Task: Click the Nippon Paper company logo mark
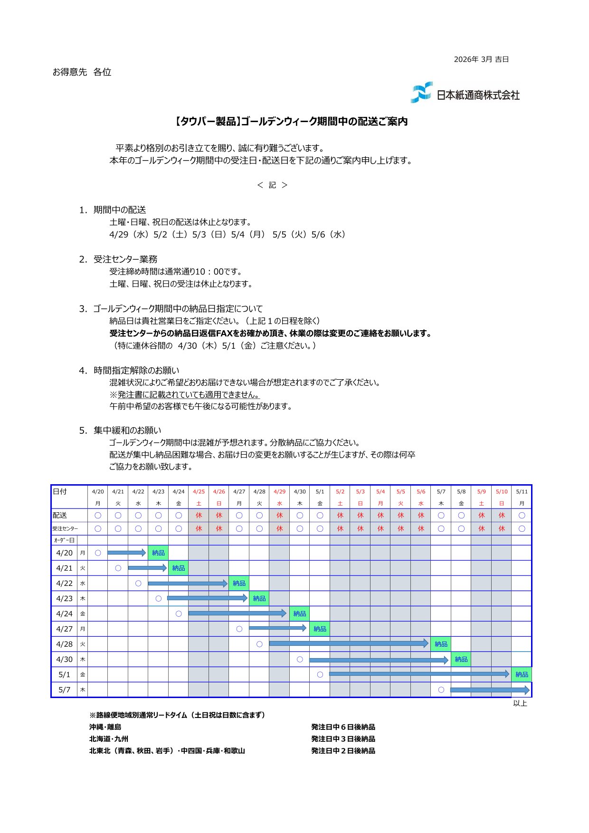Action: click(421, 92)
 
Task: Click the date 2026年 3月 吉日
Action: click(481, 59)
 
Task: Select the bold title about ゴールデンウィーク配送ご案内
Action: click(291, 122)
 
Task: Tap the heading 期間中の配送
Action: click(119, 210)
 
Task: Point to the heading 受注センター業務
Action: click(125, 259)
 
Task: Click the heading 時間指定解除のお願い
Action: click(136, 371)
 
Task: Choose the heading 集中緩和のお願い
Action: click(127, 431)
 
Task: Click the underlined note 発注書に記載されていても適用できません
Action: click(188, 395)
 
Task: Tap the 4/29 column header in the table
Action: click(280, 492)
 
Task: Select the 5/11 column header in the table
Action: click(522, 492)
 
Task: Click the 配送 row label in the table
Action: click(60, 516)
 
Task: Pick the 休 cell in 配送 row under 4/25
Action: click(199, 516)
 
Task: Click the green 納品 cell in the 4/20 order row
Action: click(158, 553)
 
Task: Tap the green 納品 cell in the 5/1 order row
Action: click(522, 675)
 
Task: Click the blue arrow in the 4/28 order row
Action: click(349, 644)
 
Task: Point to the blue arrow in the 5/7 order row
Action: click(489, 690)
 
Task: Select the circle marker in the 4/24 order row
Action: click(179, 614)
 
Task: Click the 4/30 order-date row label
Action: click(65, 660)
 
